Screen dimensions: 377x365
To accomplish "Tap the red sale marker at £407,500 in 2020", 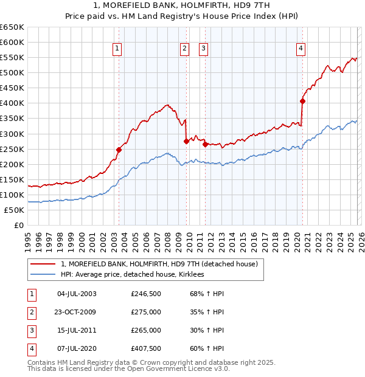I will pyautogui.click(x=302, y=101).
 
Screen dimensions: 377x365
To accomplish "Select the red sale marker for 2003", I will pyautogui.click(x=119, y=150).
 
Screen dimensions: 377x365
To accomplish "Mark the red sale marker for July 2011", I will pyautogui.click(x=205, y=144).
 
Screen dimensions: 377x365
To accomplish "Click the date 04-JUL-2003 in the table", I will pyautogui.click(x=77, y=294).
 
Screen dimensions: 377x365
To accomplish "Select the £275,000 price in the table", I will pyautogui.click(x=146, y=312).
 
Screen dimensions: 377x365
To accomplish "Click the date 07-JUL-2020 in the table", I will pyautogui.click(x=77, y=348).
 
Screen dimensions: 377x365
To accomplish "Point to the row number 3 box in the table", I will pyautogui.click(x=32, y=330).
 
